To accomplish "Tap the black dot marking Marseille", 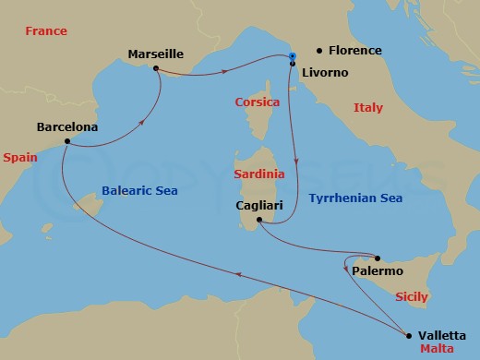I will pyautogui.click(x=156, y=68).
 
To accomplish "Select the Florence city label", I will pyautogui.click(x=354, y=51).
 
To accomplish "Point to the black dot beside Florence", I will pyautogui.click(x=318, y=51).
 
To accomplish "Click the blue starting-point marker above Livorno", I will pyautogui.click(x=292, y=57).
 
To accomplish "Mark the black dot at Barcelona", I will pyautogui.click(x=67, y=141).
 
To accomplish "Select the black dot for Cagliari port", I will pyautogui.click(x=259, y=220).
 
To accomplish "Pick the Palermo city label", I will pyautogui.click(x=378, y=271).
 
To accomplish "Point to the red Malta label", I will pyautogui.click(x=437, y=351).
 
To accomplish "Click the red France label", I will pyautogui.click(x=46, y=31).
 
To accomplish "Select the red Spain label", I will pyautogui.click(x=19, y=158).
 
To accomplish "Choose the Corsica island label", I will pyautogui.click(x=258, y=102).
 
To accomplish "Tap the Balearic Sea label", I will pyautogui.click(x=138, y=190).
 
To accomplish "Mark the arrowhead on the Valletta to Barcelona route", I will pyautogui.click(x=239, y=273).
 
